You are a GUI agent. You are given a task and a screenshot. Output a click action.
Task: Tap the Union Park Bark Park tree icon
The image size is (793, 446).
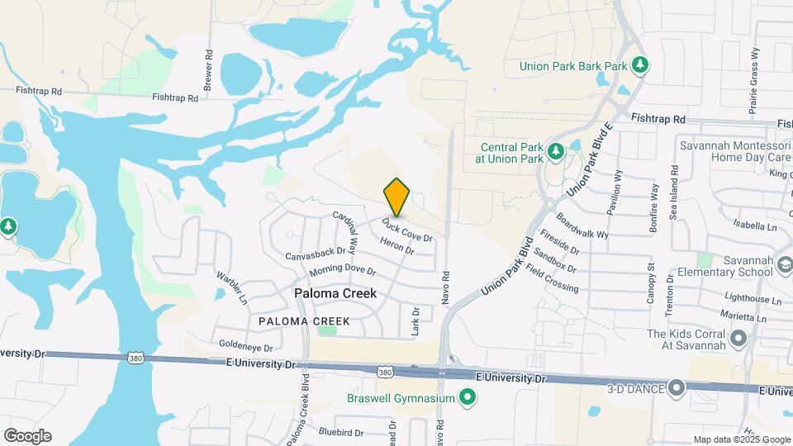point(639,64)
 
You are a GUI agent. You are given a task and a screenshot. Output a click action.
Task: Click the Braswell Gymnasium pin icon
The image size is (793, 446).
point(468,399)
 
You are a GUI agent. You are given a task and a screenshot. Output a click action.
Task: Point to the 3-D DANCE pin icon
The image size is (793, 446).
point(677,387)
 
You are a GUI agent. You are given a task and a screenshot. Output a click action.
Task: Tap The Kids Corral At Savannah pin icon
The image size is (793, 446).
point(739,339)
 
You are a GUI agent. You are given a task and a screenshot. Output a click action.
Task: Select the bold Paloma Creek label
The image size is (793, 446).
point(336,293)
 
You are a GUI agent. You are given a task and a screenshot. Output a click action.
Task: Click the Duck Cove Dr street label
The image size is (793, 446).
point(406,230)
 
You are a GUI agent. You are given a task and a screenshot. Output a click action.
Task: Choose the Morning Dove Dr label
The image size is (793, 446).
point(343,271)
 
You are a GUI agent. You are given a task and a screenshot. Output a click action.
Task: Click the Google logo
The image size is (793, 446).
point(27,436)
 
